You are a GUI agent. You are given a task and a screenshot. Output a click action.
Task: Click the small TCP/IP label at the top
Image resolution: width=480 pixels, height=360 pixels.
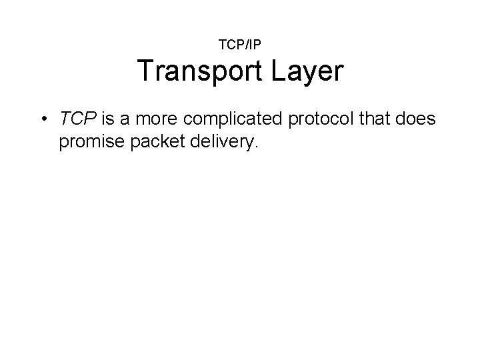240,45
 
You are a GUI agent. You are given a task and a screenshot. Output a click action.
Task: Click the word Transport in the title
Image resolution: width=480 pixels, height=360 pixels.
199,72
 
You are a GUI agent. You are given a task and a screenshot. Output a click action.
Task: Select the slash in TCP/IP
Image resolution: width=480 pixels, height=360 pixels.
246,45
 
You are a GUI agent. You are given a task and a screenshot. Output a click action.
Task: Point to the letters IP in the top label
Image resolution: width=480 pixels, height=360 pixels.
255,45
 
